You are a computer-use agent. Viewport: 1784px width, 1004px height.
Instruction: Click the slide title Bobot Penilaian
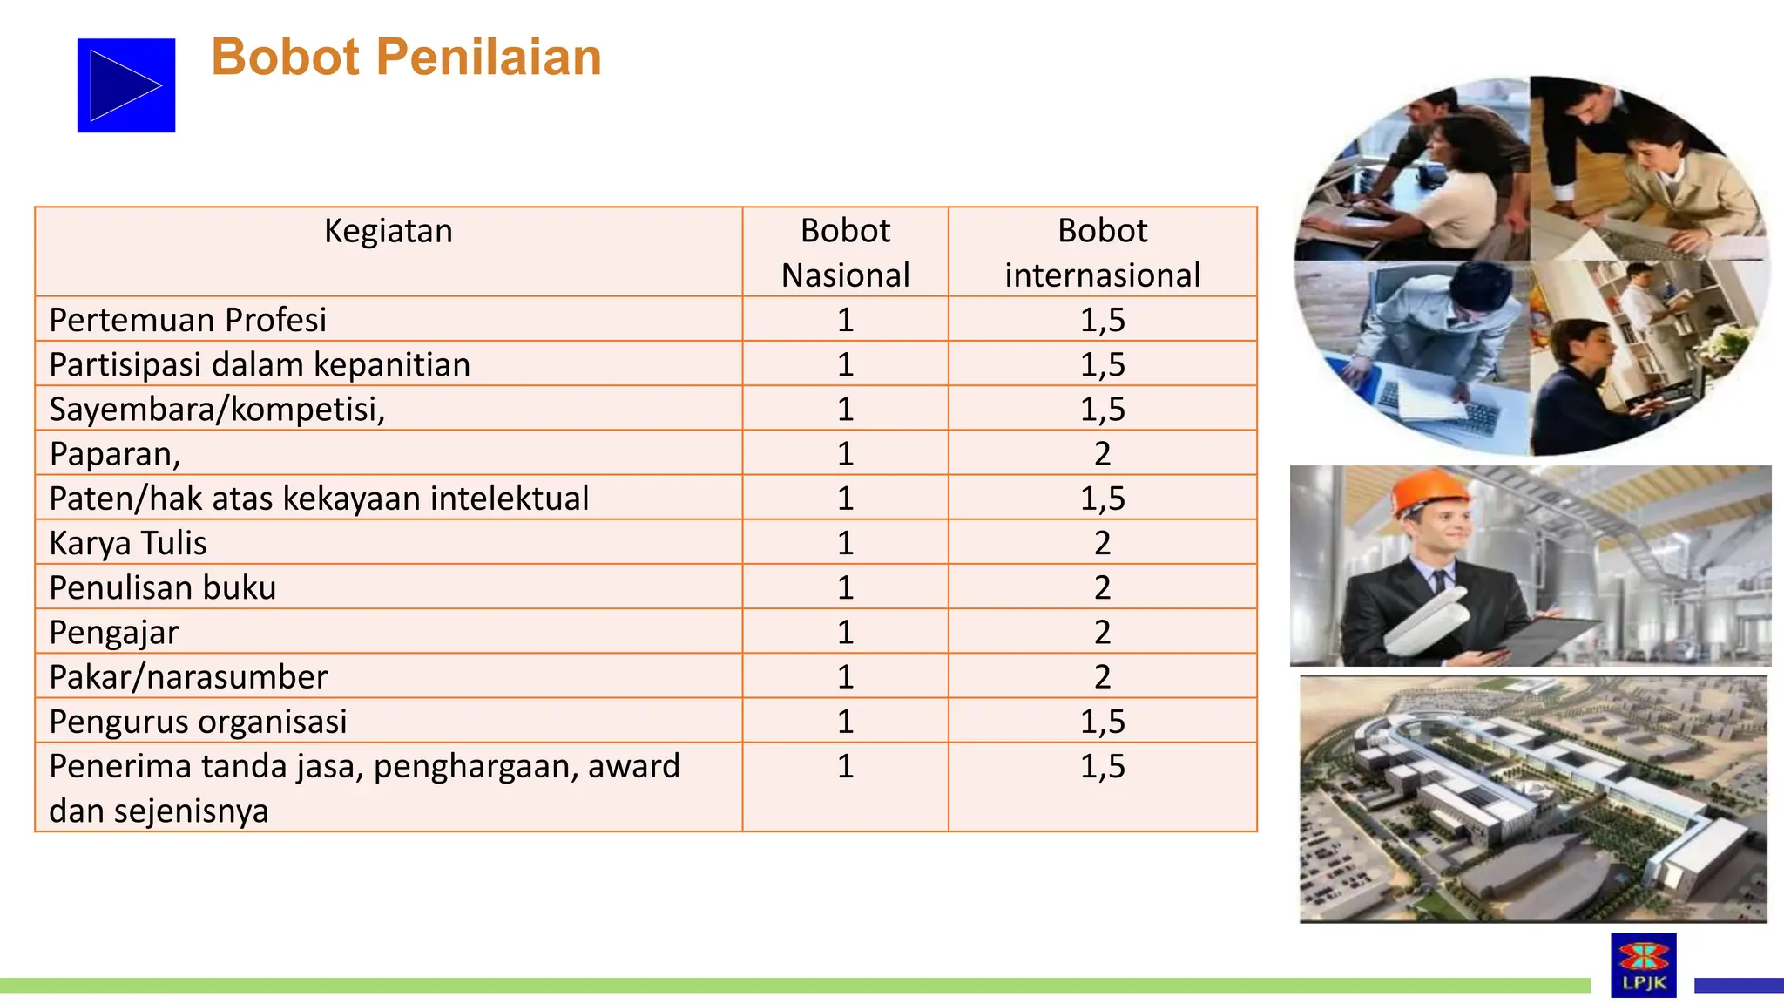click(x=406, y=58)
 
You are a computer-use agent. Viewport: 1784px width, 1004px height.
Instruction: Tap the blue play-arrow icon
click(x=126, y=85)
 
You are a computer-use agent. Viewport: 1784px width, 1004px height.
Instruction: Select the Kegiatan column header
click(x=389, y=231)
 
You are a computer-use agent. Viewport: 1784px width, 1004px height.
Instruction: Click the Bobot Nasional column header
click(x=845, y=253)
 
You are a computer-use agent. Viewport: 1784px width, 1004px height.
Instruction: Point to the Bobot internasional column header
click(x=1102, y=253)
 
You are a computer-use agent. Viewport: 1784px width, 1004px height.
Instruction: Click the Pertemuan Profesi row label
click(x=188, y=320)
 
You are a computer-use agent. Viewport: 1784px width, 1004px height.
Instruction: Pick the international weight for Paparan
click(x=1102, y=454)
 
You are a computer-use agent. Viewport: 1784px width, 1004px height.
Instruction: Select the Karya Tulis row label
click(x=128, y=543)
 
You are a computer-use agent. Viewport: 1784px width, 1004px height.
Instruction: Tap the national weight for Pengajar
click(x=845, y=632)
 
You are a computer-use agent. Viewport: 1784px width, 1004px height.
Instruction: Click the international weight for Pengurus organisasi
click(x=1102, y=722)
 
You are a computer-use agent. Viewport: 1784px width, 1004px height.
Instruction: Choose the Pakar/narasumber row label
click(x=188, y=677)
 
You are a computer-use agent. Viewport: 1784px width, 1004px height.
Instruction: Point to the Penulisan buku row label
click(x=163, y=587)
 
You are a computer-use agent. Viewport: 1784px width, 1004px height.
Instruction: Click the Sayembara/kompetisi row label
click(x=217, y=409)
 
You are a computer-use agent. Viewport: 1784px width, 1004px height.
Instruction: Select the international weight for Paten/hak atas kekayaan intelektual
click(x=1102, y=499)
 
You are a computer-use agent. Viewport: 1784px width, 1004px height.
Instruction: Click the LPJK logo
click(x=1643, y=964)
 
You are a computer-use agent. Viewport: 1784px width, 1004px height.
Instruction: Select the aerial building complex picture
click(x=1533, y=798)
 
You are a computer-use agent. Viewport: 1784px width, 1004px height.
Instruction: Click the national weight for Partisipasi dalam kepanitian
click(x=845, y=364)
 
